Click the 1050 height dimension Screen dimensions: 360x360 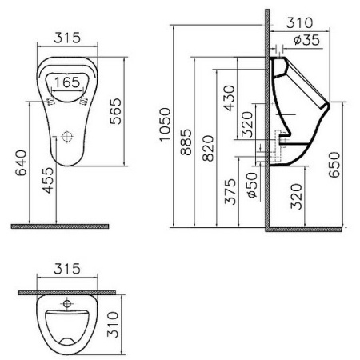164,125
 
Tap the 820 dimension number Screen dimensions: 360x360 207,147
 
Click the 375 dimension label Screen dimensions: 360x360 230,191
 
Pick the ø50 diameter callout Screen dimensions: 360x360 251,184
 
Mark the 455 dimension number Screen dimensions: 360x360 48,178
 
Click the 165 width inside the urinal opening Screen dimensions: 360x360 68,81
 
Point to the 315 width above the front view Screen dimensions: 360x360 68,38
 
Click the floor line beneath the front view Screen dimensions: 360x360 60,226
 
